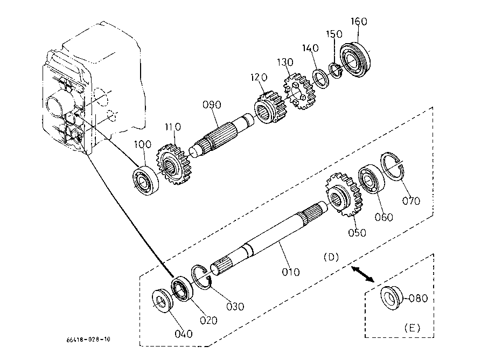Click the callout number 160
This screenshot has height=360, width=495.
(359, 22)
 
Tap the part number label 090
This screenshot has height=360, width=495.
(212, 105)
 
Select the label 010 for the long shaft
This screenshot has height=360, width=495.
(290, 272)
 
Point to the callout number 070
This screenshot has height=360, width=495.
(411, 201)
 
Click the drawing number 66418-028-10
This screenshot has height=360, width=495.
(88, 340)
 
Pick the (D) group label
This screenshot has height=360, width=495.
(331, 257)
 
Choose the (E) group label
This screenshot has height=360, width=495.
(412, 328)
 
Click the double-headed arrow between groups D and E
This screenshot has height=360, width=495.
(362, 274)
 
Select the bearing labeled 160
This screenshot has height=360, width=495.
(355, 60)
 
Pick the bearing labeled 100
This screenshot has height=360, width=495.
(145, 181)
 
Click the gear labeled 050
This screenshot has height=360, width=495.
(344, 195)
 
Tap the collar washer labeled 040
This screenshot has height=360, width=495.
(162, 301)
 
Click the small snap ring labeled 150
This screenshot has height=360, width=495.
(336, 71)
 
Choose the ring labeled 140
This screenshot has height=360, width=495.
(320, 78)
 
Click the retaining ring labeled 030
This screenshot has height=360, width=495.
(201, 276)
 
